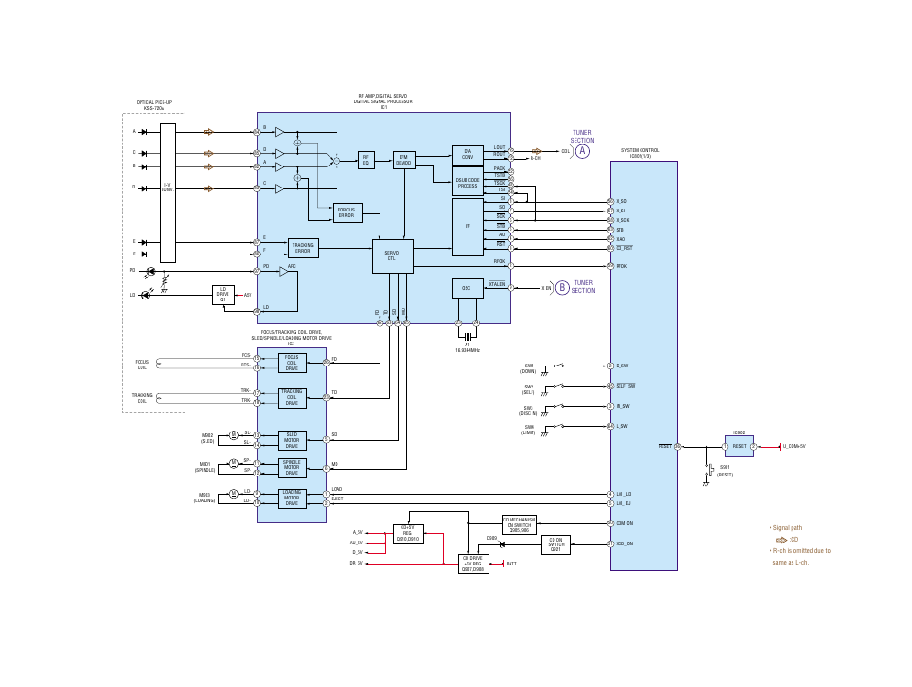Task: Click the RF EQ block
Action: click(365, 160)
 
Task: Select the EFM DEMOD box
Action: click(403, 160)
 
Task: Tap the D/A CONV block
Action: click(467, 154)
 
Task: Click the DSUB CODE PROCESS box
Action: click(467, 182)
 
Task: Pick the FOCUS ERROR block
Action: click(347, 212)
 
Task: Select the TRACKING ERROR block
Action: click(303, 248)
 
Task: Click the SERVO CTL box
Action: click(392, 255)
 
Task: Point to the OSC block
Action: click(467, 288)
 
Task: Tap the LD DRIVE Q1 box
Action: click(223, 295)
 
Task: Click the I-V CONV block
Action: click(167, 191)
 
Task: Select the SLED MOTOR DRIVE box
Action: click(292, 440)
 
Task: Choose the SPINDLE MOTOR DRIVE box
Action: click(292, 468)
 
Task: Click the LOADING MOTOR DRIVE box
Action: click(292, 499)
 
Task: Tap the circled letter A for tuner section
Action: click(582, 151)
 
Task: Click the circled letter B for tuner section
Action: click(562, 288)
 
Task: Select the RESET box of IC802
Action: click(739, 447)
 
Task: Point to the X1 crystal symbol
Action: click(467, 336)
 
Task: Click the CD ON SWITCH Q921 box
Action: click(555, 544)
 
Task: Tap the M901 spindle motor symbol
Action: click(233, 463)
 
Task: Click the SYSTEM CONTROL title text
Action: click(640, 152)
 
